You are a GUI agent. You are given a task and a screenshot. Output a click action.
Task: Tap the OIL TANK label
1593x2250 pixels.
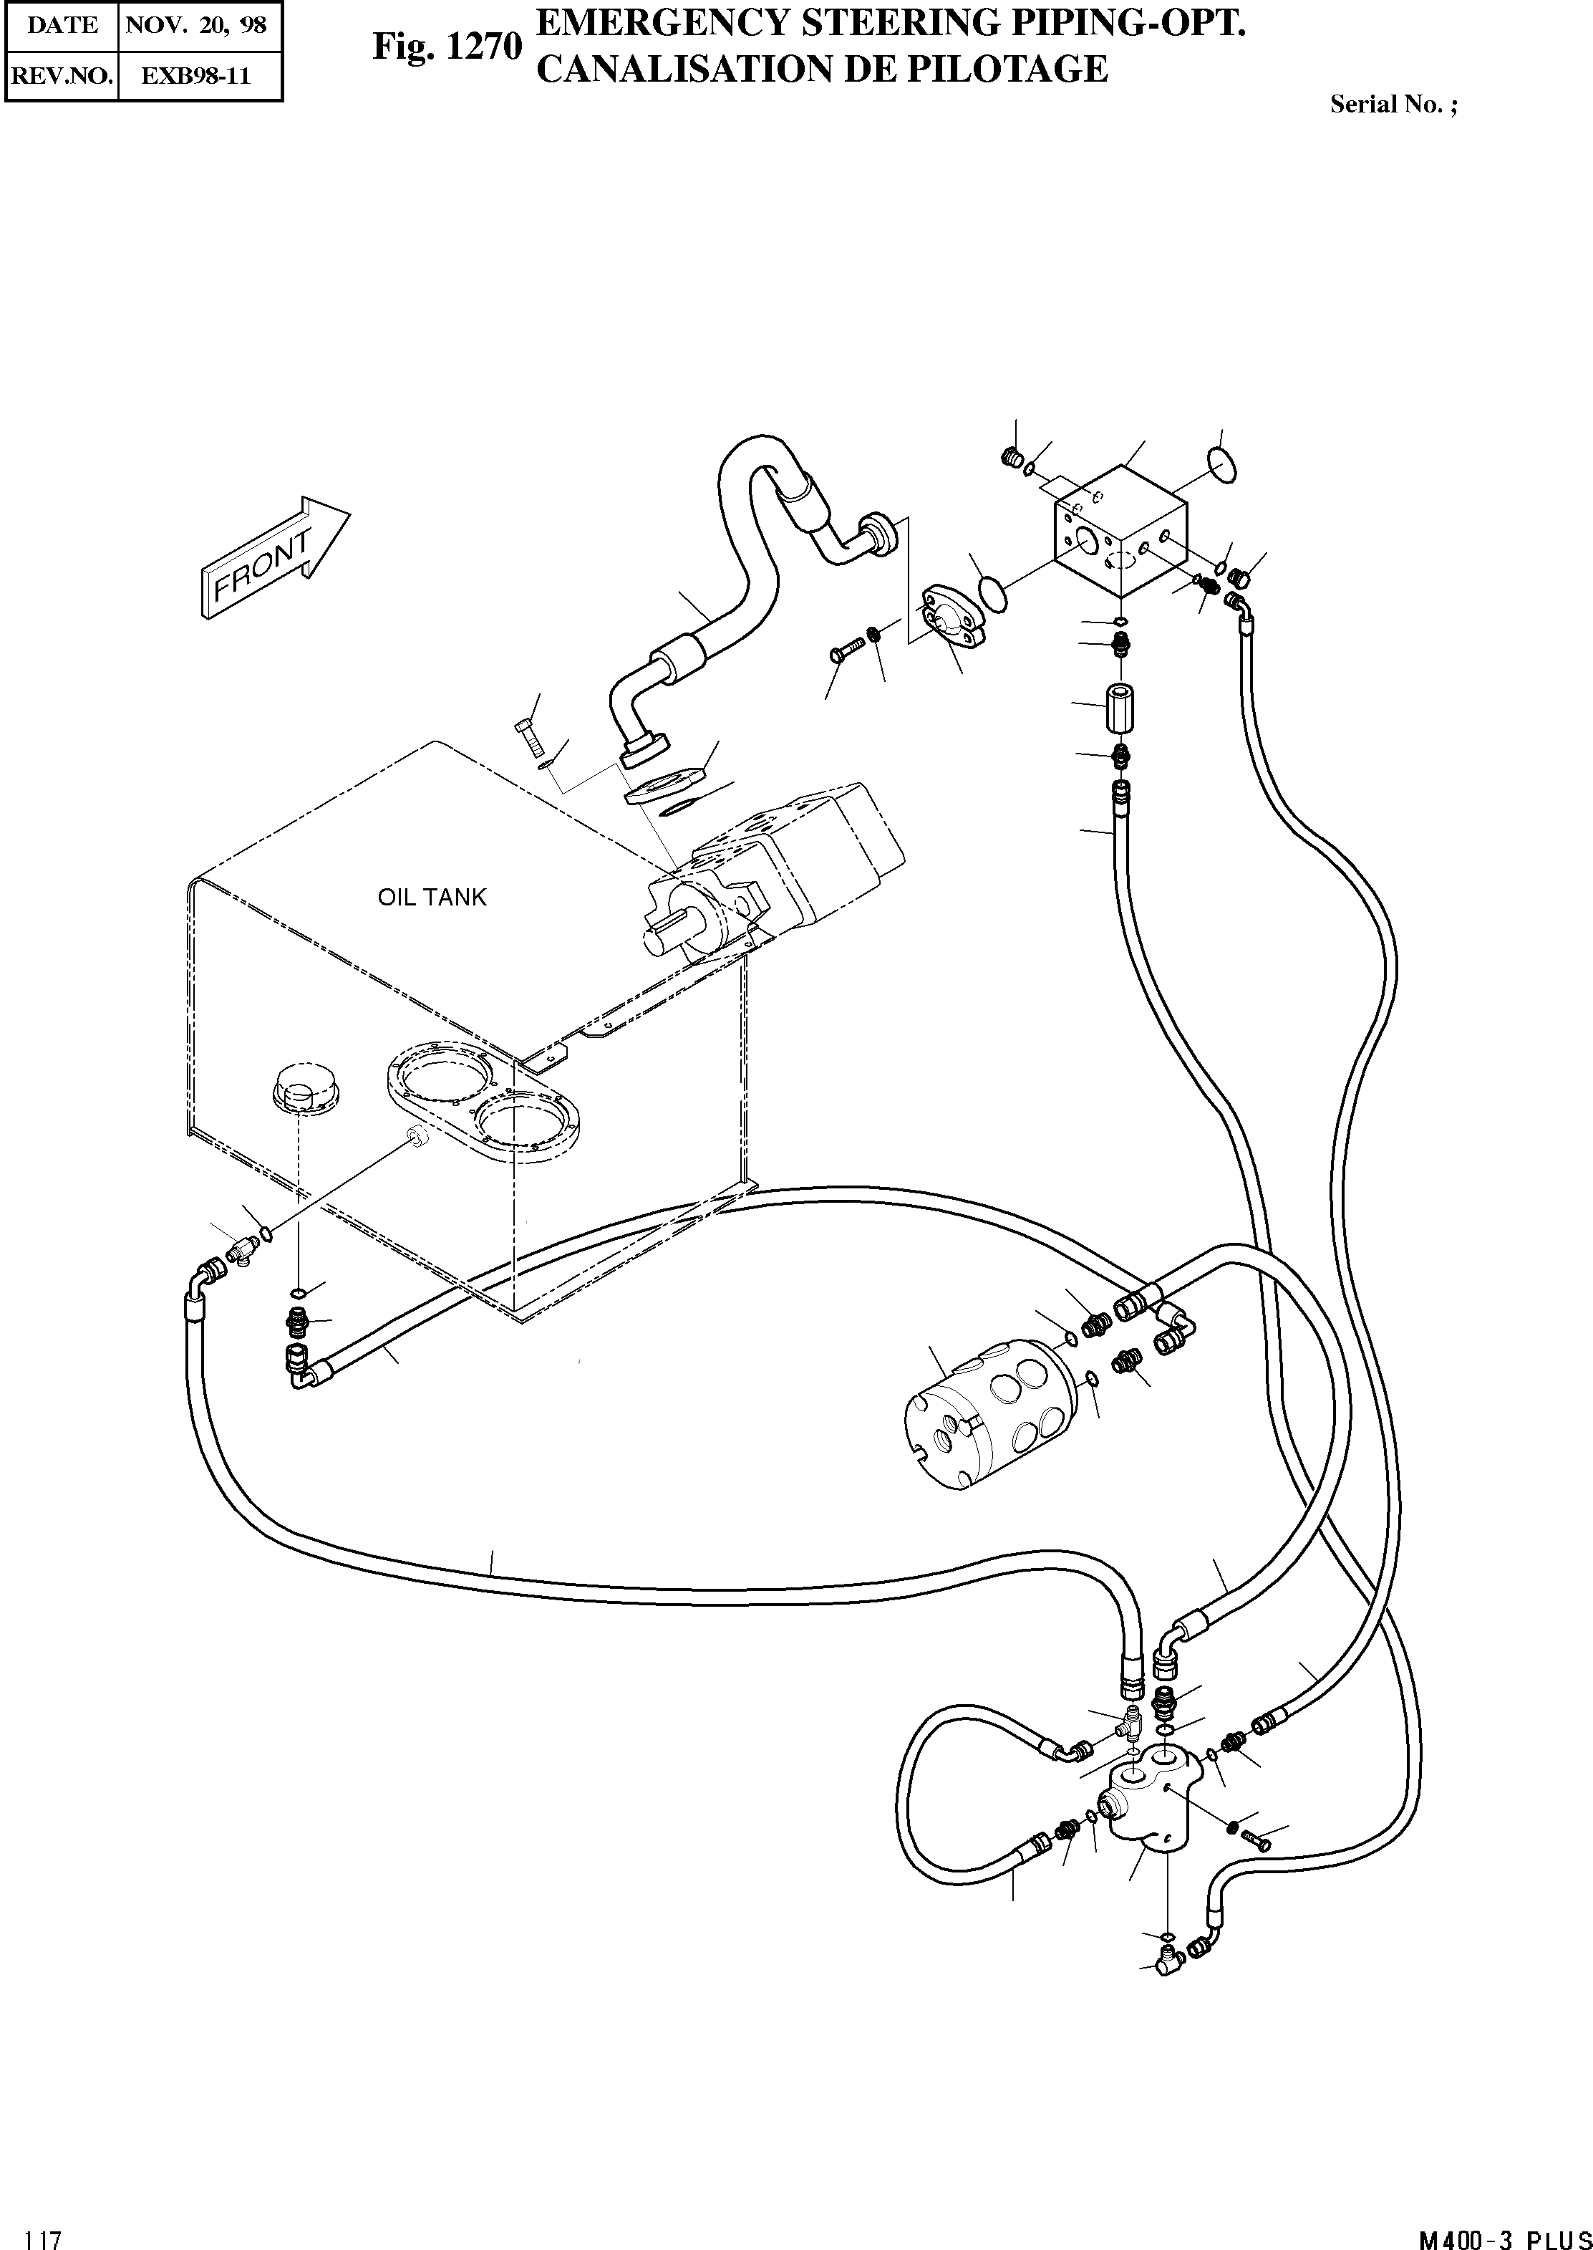click(432, 897)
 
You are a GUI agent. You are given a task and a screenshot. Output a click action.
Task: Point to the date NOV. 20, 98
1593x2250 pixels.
click(196, 24)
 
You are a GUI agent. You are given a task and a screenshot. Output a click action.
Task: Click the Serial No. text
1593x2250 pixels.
click(1393, 105)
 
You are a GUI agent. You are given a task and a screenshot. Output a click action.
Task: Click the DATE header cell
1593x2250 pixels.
click(62, 24)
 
